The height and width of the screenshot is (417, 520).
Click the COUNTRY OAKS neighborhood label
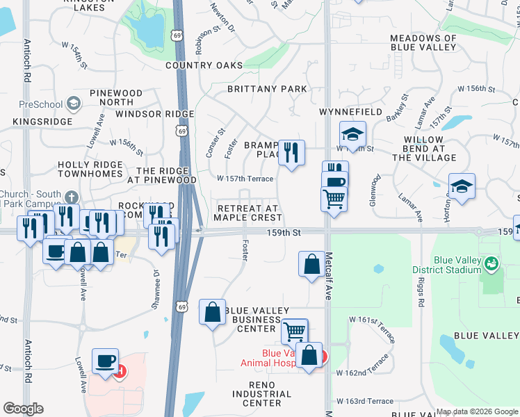pos(204,65)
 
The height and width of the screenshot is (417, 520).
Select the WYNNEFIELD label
pos(350,112)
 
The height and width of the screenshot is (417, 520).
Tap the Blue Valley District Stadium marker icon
pos(492,263)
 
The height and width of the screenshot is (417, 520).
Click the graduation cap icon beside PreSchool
pos(72,104)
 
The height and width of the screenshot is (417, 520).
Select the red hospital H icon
pos(121,370)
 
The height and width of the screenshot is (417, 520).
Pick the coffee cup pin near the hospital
pos(105,361)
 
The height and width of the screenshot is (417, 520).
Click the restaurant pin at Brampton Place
pos(291,152)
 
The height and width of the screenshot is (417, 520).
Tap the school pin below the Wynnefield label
pos(352,133)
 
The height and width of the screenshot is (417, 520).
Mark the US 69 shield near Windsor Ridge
pos(182,131)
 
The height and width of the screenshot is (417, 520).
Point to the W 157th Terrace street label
pos(245,179)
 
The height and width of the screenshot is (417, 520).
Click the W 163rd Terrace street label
pos(365,402)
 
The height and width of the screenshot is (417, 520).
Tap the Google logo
pos(23,409)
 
